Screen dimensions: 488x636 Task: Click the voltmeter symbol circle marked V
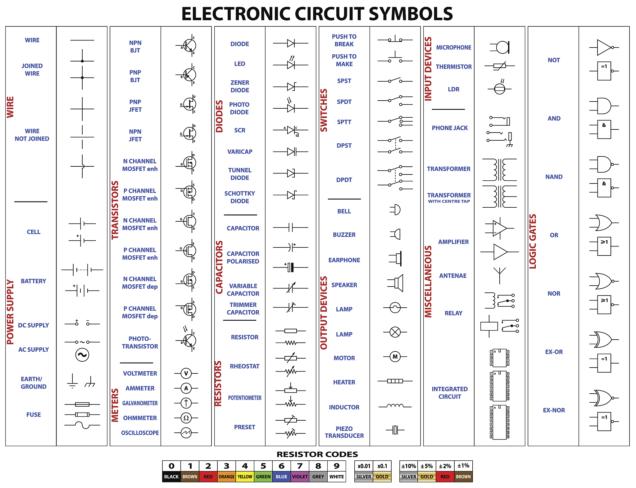[x=186, y=373]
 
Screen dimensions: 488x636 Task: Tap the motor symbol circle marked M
[x=395, y=357]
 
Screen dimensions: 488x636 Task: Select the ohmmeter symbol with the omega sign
[x=186, y=418]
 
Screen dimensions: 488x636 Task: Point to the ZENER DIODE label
[x=240, y=86]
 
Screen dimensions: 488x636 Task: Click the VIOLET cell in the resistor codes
[x=300, y=477]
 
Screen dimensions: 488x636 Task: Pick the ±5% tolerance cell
[x=427, y=466]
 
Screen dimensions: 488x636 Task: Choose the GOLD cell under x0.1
[x=382, y=477]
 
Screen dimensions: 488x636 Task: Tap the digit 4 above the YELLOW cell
[x=245, y=466]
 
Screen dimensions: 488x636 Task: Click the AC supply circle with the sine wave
[x=82, y=355]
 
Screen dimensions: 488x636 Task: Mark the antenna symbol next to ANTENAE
[x=499, y=275]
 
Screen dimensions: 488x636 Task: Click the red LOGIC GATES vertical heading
[x=533, y=241]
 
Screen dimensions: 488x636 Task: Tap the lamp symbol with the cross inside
[x=395, y=332]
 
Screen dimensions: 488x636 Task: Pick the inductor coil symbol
[x=395, y=406]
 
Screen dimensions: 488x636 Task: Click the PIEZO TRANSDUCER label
[x=344, y=432]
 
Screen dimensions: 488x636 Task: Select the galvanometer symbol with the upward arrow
[x=186, y=403]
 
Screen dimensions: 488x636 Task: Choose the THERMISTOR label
[x=453, y=67]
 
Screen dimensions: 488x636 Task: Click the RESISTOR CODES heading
[x=317, y=454]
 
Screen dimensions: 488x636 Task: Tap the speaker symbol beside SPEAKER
[x=396, y=283]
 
